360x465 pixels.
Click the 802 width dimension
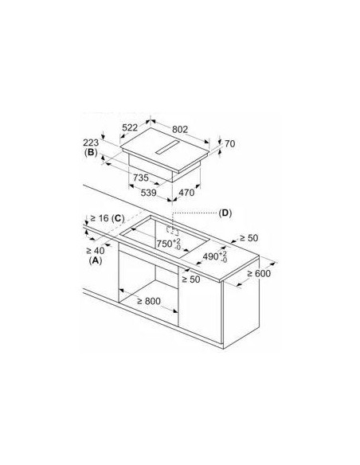(180, 130)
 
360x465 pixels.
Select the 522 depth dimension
(130, 127)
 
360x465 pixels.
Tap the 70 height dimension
(230, 144)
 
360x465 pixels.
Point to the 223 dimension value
(91, 143)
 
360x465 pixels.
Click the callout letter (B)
(91, 153)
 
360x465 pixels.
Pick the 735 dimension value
(140, 178)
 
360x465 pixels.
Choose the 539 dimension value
(148, 193)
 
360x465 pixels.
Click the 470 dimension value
(186, 193)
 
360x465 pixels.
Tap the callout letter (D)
(225, 213)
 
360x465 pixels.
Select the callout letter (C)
(118, 218)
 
